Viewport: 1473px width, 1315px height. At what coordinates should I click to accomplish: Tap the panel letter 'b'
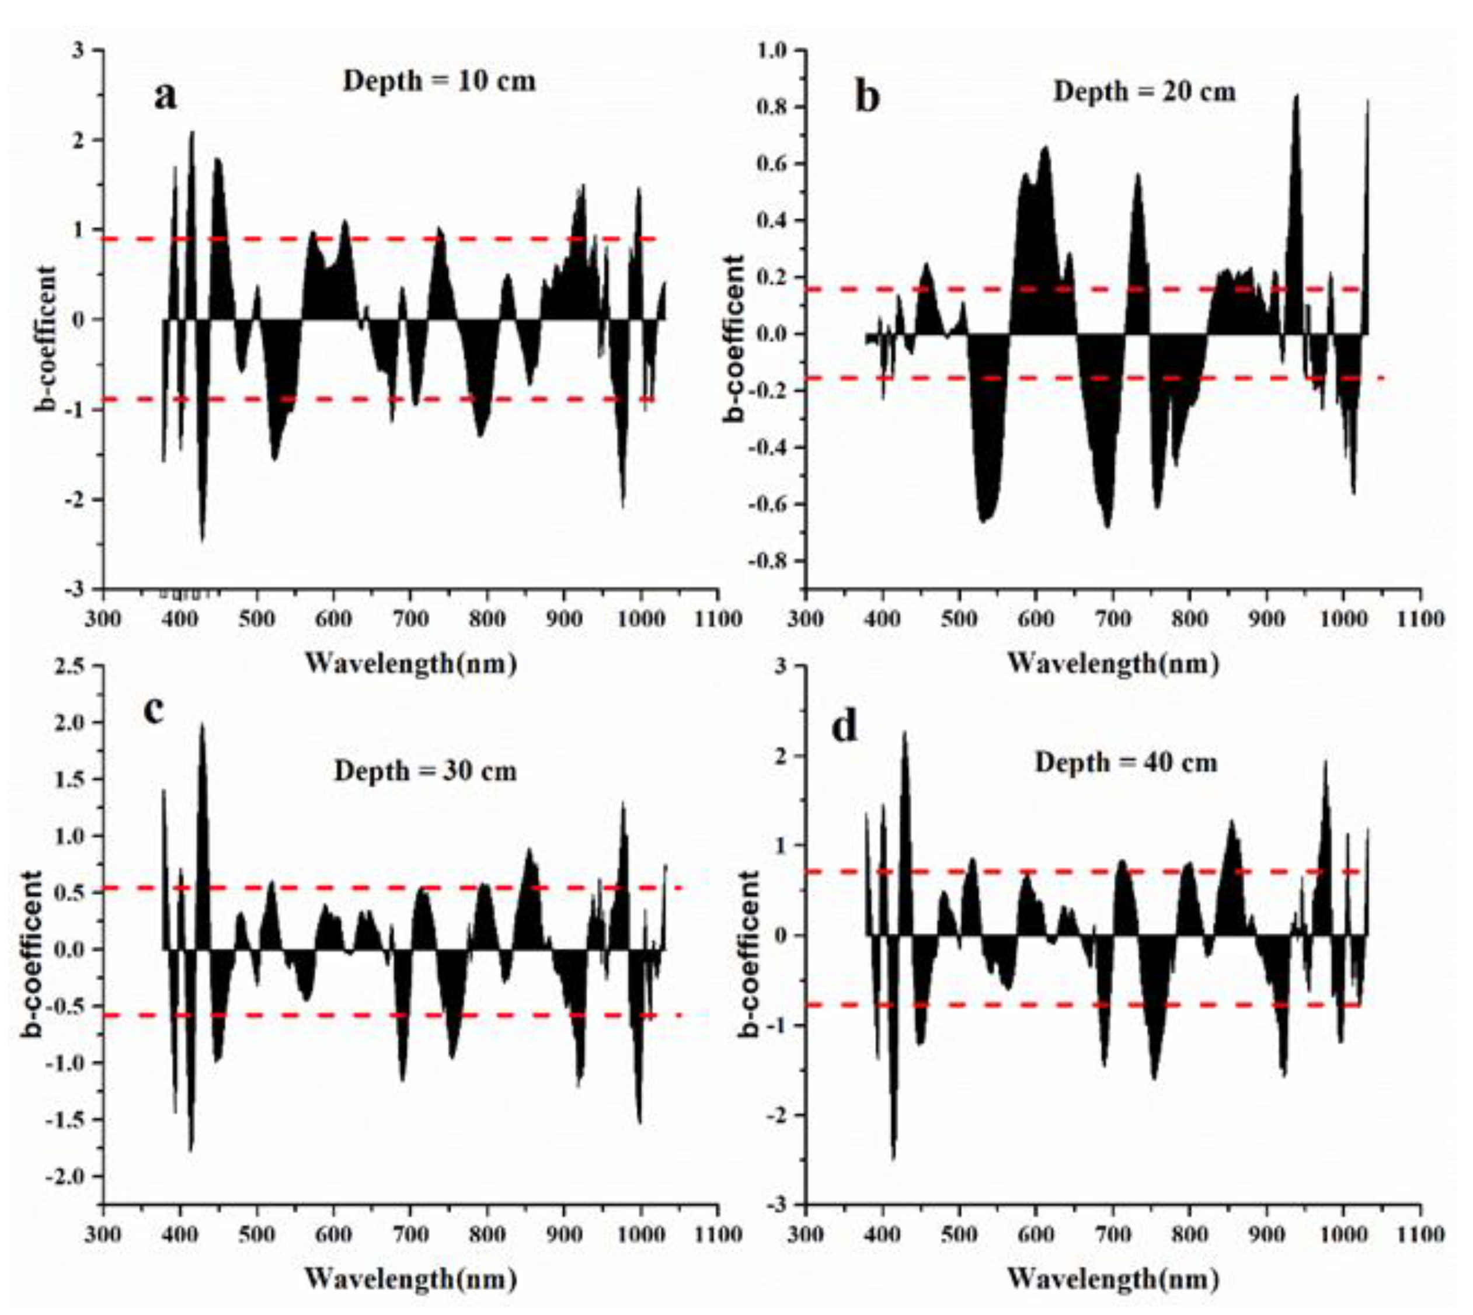[x=867, y=97]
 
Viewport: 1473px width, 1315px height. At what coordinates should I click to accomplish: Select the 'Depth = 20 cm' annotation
[x=1144, y=92]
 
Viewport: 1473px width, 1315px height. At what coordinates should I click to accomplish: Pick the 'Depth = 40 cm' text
[x=1126, y=762]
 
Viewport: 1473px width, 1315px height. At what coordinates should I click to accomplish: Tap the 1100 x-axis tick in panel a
[x=718, y=619]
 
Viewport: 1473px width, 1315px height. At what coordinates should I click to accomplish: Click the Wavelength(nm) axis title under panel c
[x=410, y=1279]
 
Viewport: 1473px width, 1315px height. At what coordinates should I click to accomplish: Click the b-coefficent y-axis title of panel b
[x=734, y=338]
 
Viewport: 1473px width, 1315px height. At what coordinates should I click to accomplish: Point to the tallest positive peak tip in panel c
[x=202, y=724]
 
